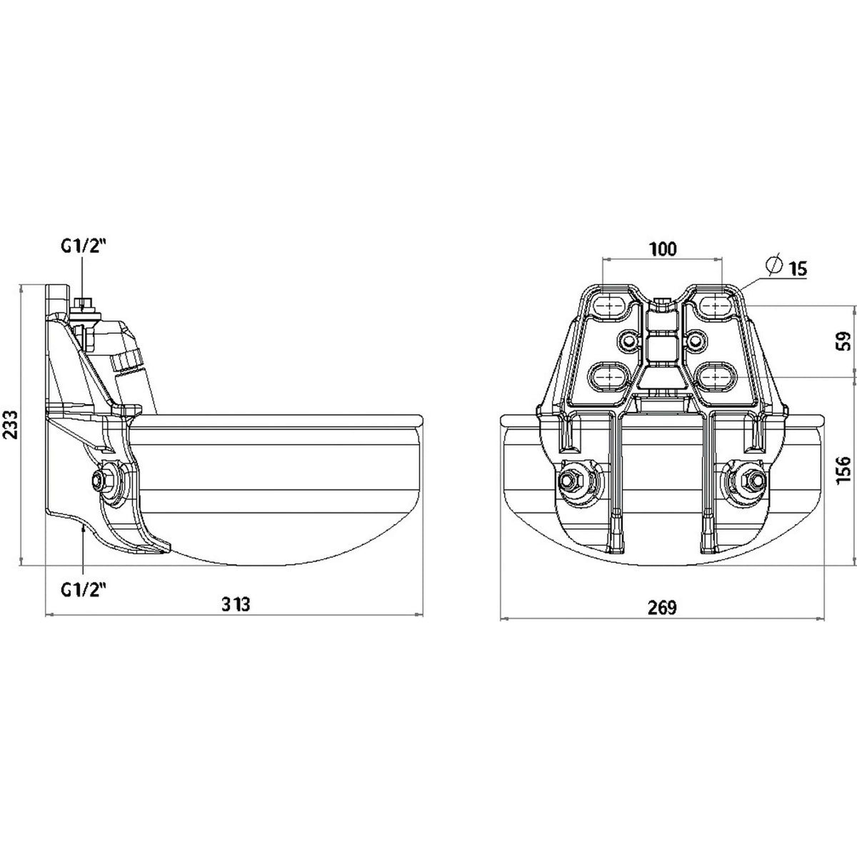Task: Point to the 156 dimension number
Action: coord(845,471)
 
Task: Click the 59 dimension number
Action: coord(845,341)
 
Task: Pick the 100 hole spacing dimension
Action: coord(662,249)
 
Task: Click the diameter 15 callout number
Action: coord(798,269)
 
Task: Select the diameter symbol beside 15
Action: coord(774,265)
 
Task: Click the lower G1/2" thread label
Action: coord(84,589)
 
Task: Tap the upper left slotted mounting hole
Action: coord(608,305)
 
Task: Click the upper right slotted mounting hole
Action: coord(714,305)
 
